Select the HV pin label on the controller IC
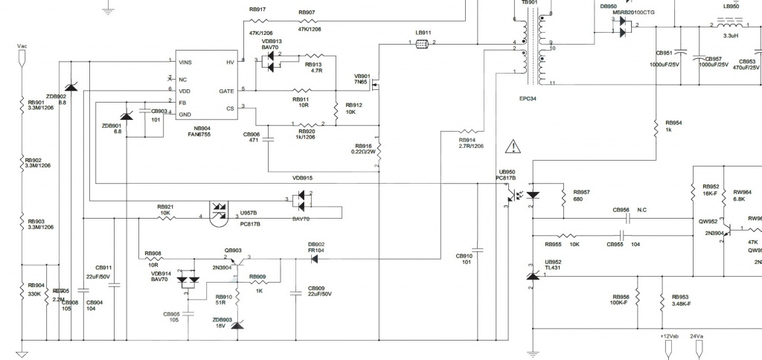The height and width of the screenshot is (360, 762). tap(230, 62)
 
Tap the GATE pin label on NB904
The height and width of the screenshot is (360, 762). tap(227, 91)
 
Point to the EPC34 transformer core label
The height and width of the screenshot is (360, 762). tap(529, 98)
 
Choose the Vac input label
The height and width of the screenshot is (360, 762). tap(22, 46)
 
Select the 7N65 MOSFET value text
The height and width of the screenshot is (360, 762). tap(362, 83)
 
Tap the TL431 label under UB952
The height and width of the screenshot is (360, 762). tap(553, 269)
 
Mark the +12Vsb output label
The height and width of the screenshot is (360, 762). tap(669, 336)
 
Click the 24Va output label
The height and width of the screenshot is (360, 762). tap(697, 336)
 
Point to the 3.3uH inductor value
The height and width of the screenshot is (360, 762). tap(731, 35)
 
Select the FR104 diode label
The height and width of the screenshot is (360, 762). tap(316, 251)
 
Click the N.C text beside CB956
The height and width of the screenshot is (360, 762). tap(642, 210)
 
